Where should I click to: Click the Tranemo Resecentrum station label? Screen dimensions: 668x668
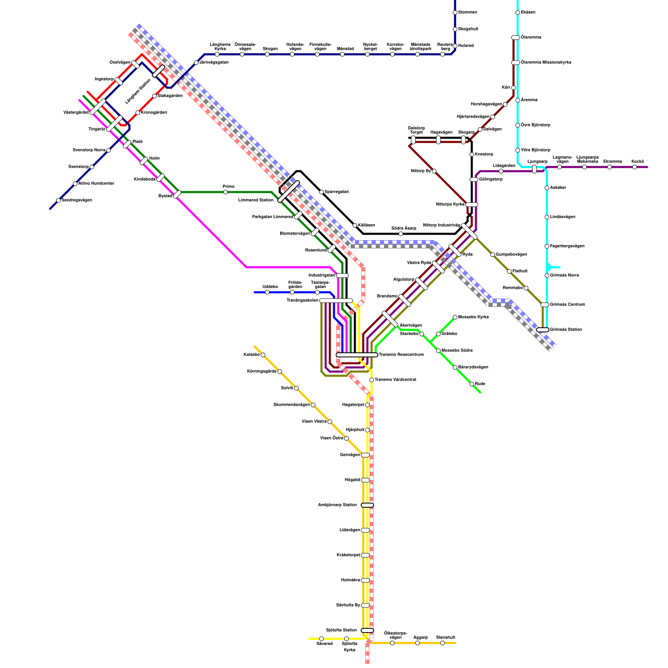[x=401, y=355]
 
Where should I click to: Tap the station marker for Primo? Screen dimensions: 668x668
[x=225, y=192]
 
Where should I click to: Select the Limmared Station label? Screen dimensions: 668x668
[x=256, y=200]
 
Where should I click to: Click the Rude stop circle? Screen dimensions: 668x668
[x=472, y=384]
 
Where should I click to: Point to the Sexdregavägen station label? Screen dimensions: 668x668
[x=77, y=200]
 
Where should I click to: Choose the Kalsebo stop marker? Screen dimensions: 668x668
[x=263, y=355]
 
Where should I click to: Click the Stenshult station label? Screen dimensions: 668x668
[x=445, y=638]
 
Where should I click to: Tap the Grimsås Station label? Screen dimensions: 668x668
[x=566, y=330]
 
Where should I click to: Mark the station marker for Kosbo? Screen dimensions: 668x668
[x=635, y=167]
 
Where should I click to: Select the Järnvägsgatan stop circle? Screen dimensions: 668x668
[x=196, y=63]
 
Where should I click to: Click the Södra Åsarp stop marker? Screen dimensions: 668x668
[x=401, y=234]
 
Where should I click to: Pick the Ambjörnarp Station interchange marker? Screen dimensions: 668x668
[x=367, y=505]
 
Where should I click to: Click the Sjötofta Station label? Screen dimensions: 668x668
[x=341, y=630]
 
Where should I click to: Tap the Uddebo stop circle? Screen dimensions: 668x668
[x=267, y=292]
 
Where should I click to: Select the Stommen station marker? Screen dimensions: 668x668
[x=455, y=13]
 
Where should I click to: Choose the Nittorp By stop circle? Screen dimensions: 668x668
[x=434, y=171]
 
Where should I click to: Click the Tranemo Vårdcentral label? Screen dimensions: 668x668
[x=395, y=380]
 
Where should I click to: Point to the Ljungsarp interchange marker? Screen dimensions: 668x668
[x=534, y=169]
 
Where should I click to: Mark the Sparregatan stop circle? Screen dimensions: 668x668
[x=321, y=192]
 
